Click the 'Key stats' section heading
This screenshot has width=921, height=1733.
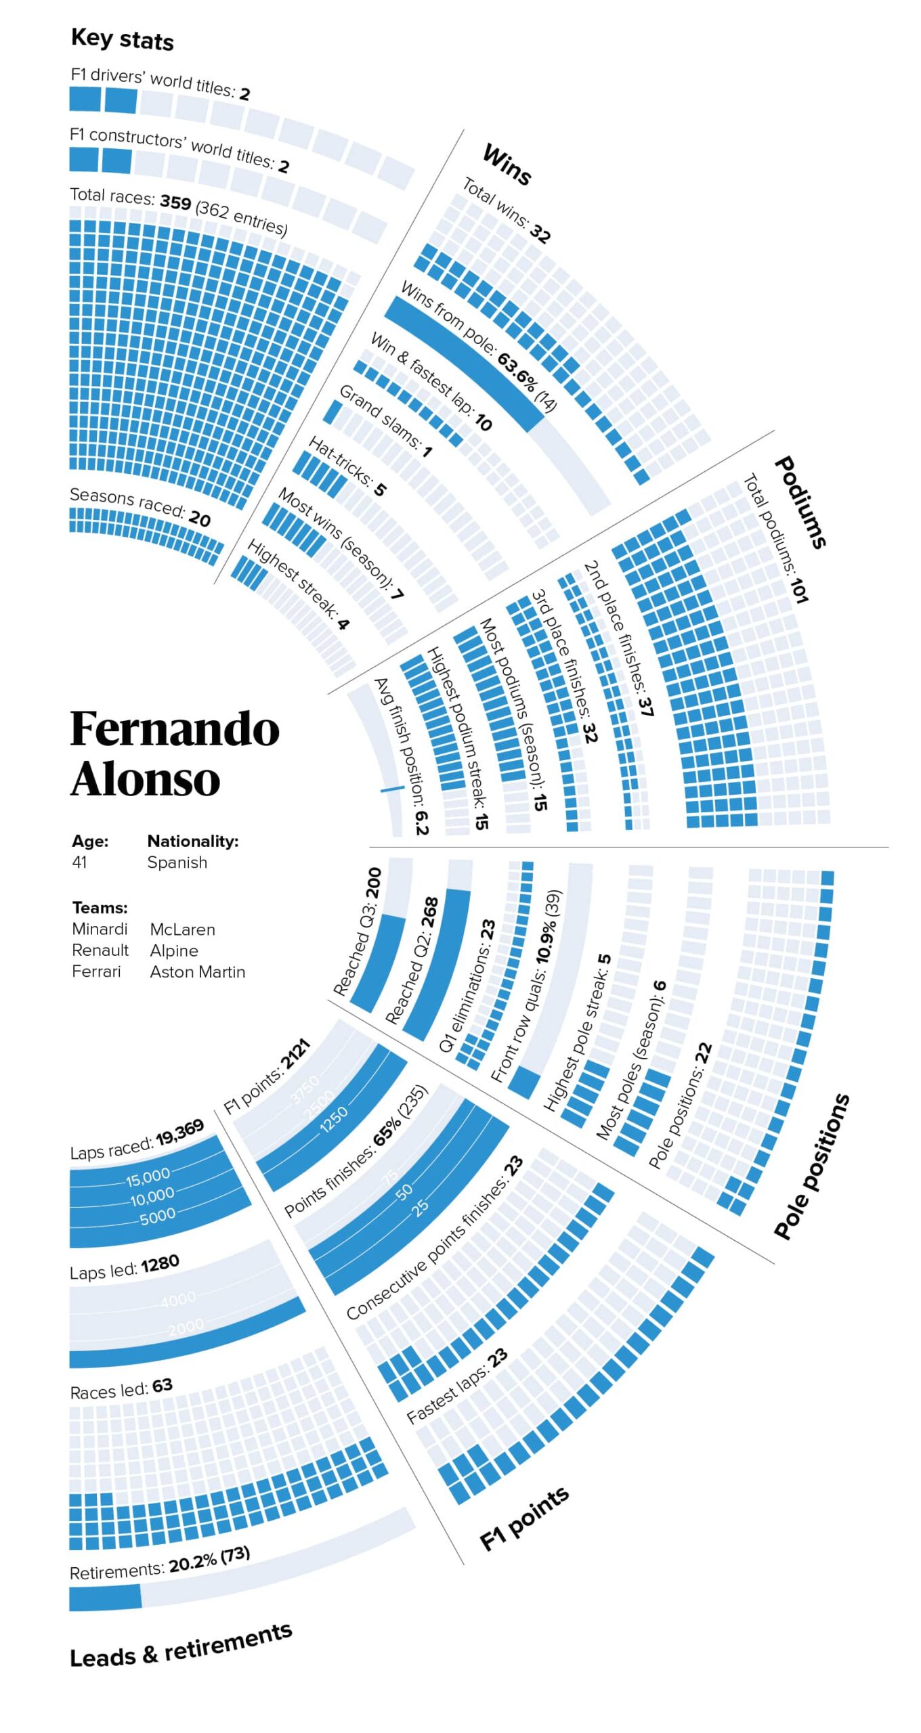122,39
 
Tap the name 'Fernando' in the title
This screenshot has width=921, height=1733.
175,730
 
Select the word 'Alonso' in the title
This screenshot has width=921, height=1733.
145,778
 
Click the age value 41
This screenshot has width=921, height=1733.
79,862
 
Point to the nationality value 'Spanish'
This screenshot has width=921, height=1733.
177,862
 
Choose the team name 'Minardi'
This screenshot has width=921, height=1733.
100,929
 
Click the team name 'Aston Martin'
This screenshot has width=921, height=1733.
198,972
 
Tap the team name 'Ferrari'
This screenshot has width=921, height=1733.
96,972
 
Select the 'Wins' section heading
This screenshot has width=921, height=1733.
507,164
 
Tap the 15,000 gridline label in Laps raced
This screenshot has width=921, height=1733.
148,1178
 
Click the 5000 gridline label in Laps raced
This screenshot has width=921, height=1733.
157,1216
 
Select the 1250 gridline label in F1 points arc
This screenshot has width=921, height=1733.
334,1119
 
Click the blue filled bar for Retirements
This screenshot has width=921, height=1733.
105,1598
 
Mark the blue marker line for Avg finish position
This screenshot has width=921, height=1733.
392,789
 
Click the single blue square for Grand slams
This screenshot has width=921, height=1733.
332,412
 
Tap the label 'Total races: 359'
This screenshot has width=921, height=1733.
131,198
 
